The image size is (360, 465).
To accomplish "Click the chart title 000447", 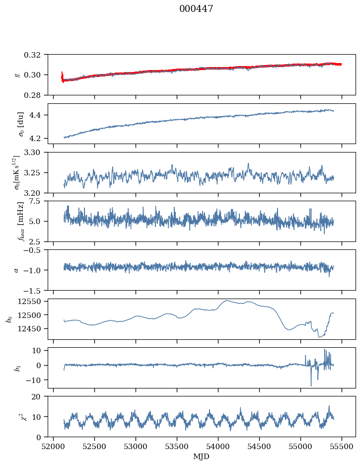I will point(196,9).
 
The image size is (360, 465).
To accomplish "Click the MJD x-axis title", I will point(202,456).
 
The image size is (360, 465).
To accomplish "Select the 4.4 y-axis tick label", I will point(38,115).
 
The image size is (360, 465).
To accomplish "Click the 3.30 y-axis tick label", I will point(35,153).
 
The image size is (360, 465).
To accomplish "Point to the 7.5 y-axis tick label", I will point(38,201).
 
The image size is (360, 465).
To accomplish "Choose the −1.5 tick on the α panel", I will point(35,290).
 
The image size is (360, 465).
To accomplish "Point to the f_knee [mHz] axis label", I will point(20,221).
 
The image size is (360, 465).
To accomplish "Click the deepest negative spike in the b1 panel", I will point(311,386).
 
